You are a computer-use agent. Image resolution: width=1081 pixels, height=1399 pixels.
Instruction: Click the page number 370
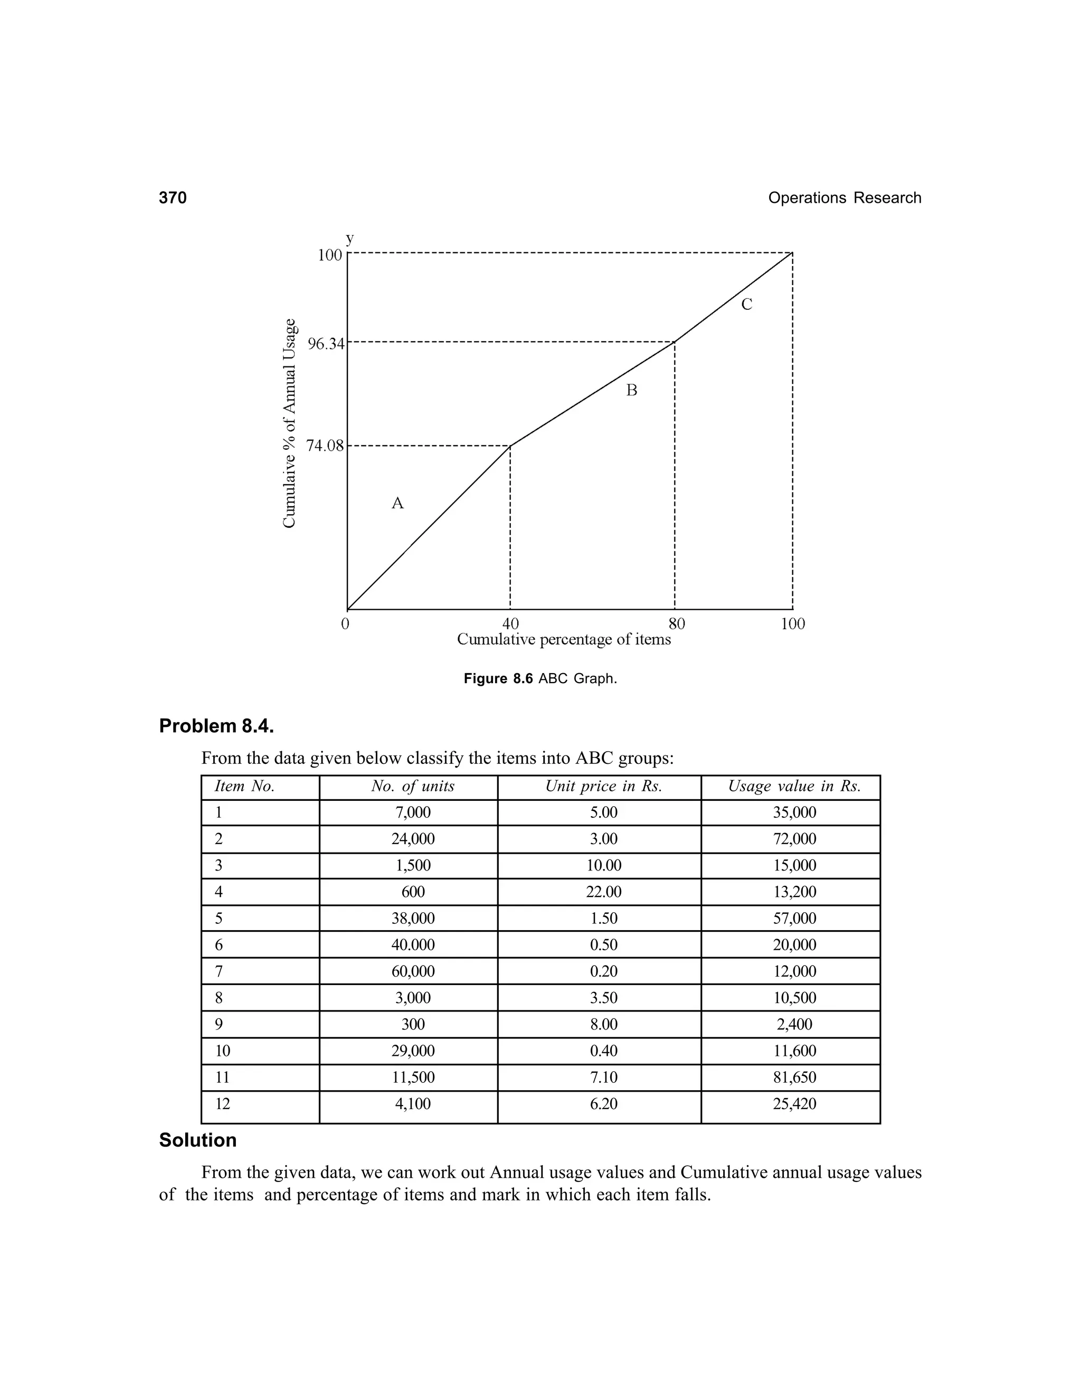point(173,198)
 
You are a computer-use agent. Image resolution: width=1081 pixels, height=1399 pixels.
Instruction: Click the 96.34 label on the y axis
point(325,345)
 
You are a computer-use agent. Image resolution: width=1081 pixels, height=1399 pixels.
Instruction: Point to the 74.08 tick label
point(325,446)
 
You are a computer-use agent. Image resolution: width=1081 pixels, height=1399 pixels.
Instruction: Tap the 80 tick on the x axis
point(676,624)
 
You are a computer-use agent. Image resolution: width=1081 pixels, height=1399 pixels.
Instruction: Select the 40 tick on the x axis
point(510,624)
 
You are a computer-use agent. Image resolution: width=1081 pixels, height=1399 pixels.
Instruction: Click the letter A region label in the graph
point(397,504)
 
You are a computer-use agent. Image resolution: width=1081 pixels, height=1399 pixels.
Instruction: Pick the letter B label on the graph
point(631,390)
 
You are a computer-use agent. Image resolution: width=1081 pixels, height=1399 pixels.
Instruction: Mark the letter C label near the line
point(747,304)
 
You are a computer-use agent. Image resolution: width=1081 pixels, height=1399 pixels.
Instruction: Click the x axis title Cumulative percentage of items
point(564,639)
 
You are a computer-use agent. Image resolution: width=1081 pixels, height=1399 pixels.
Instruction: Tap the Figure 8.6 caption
point(540,678)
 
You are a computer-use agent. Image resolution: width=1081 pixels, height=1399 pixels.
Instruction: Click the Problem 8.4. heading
point(216,726)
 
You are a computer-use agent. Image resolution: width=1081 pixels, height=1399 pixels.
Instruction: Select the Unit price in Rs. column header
point(603,787)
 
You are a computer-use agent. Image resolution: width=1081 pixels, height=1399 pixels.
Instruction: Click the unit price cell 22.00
point(603,892)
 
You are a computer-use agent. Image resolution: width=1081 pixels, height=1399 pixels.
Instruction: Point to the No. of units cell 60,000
point(413,971)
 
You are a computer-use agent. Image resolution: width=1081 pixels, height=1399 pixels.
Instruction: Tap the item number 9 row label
point(219,1024)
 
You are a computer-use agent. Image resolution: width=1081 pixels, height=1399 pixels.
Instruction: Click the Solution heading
point(198,1140)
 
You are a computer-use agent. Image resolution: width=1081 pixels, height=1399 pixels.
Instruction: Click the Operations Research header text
point(844,198)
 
